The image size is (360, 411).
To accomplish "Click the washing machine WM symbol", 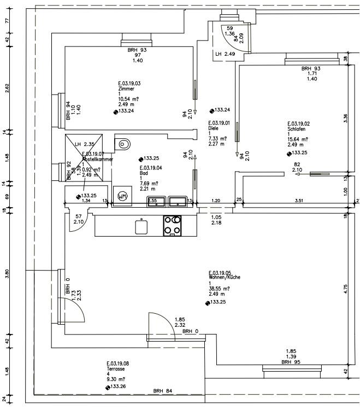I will tap(122, 195).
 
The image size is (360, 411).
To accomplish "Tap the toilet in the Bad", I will tap(123, 144).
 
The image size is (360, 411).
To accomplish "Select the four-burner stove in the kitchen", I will tap(173, 226).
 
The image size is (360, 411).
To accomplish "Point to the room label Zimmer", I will tap(126, 89).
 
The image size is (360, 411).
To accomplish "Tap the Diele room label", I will tap(213, 128).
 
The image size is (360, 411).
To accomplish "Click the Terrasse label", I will tap(116, 369).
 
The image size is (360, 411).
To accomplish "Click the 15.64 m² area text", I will tap(298, 139).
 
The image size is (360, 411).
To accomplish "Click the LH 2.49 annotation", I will tap(225, 54).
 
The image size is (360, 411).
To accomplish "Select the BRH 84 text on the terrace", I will tap(162, 390).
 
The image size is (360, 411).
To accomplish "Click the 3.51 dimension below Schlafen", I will tap(298, 201).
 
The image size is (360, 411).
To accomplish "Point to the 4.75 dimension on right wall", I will tap(346, 290).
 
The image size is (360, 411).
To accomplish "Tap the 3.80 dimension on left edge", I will tap(7, 274).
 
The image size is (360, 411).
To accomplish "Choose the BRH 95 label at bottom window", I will tap(291, 362).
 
